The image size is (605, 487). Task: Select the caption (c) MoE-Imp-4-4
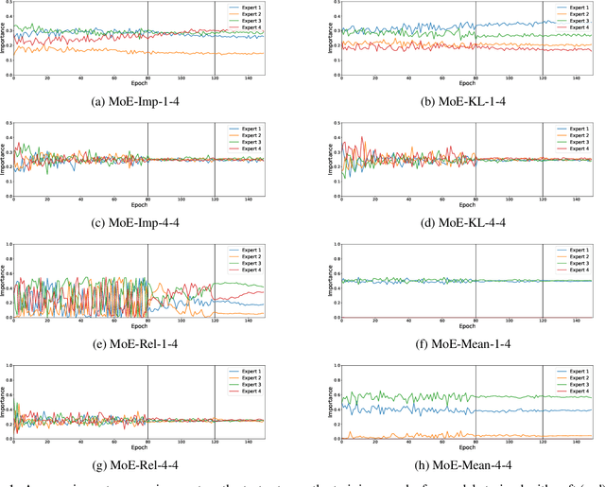coord(139,219)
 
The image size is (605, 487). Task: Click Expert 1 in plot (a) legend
coord(250,7)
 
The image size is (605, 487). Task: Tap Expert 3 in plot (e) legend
coord(250,262)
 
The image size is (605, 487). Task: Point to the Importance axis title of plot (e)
coord(4,281)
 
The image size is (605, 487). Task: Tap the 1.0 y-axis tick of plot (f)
coord(337,244)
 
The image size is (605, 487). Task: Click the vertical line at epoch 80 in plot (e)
coord(147,281)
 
